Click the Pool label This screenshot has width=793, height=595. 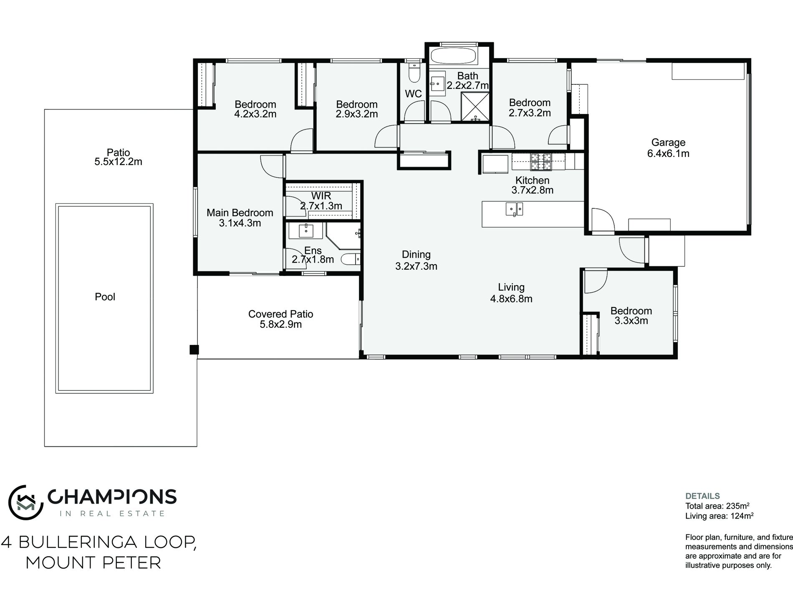tap(105, 297)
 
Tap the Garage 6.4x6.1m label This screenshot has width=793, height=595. tap(668, 148)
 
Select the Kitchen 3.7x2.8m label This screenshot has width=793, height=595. tap(532, 185)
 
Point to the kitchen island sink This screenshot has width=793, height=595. tap(514, 209)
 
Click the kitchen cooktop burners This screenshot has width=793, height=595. tap(540, 162)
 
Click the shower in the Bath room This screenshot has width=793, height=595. tap(475, 107)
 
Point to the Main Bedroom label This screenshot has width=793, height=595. tap(240, 218)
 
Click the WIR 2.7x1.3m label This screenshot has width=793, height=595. tap(321, 201)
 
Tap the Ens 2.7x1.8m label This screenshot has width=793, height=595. tap(313, 255)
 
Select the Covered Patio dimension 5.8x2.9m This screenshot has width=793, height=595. tap(280, 324)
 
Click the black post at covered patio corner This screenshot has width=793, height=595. tap(194, 349)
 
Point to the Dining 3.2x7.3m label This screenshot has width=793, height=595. tap(416, 260)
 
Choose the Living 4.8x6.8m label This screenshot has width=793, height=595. tap(511, 293)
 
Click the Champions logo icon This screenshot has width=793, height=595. tap(26, 503)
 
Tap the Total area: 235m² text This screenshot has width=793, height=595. tap(714, 506)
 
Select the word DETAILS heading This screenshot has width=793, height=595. tap(702, 496)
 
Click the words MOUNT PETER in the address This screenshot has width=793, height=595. tap(93, 563)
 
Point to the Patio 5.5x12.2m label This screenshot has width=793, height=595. tap(118, 157)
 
